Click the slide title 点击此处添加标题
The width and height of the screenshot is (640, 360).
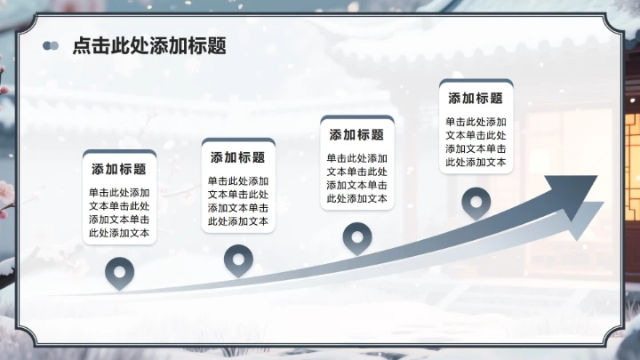click(x=149, y=46)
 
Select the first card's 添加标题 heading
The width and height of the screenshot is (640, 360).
click(x=119, y=169)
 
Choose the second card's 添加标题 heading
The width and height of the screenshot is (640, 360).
click(x=238, y=157)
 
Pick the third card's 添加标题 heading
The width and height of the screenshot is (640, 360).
click(x=356, y=135)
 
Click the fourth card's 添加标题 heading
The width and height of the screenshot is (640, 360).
click(x=476, y=99)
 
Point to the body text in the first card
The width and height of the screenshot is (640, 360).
click(x=119, y=212)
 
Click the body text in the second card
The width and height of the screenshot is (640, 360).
click(x=238, y=201)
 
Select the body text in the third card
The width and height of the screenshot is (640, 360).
click(x=356, y=179)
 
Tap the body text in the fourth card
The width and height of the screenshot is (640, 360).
click(x=476, y=142)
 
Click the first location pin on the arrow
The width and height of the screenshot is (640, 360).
click(x=119, y=273)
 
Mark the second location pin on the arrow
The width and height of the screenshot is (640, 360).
click(x=238, y=260)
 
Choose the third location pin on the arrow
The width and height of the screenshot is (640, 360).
click(x=356, y=237)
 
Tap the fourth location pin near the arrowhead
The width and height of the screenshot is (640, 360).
click(x=476, y=202)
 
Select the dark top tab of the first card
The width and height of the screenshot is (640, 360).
click(x=119, y=153)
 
